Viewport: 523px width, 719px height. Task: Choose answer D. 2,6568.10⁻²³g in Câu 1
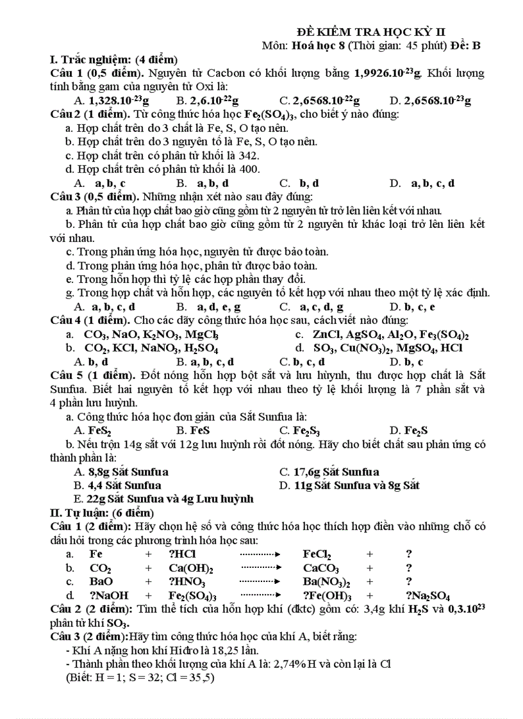pyautogui.click(x=430, y=101)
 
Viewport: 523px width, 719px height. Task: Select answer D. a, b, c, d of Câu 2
pyautogui.click(x=423, y=183)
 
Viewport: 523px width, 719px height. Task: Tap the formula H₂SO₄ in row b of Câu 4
pyautogui.click(x=201, y=349)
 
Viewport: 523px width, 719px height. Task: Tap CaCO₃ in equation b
pyautogui.click(x=321, y=569)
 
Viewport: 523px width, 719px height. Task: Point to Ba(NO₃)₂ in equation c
pyautogui.click(x=327, y=582)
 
